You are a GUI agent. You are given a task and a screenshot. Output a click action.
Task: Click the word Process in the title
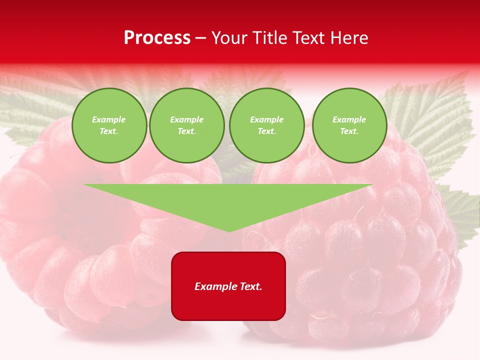(x=157, y=38)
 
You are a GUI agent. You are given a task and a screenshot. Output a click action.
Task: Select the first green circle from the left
(x=109, y=125)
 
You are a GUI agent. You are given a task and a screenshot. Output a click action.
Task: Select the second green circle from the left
(x=186, y=125)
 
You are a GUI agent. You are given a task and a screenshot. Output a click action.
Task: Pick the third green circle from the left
(x=266, y=125)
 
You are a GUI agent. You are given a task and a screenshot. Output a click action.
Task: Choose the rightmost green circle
(x=349, y=125)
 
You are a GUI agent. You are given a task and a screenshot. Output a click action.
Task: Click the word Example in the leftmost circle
(x=109, y=119)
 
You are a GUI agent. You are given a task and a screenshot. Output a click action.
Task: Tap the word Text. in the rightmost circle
(x=349, y=131)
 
